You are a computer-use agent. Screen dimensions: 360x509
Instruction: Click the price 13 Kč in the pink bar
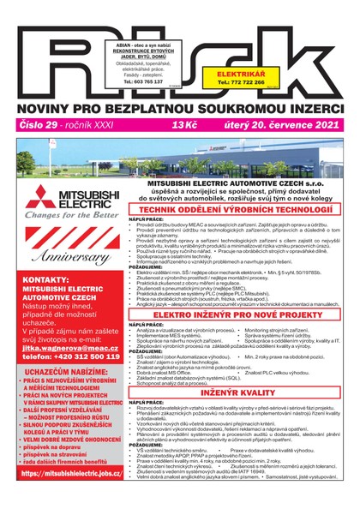point(184,125)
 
